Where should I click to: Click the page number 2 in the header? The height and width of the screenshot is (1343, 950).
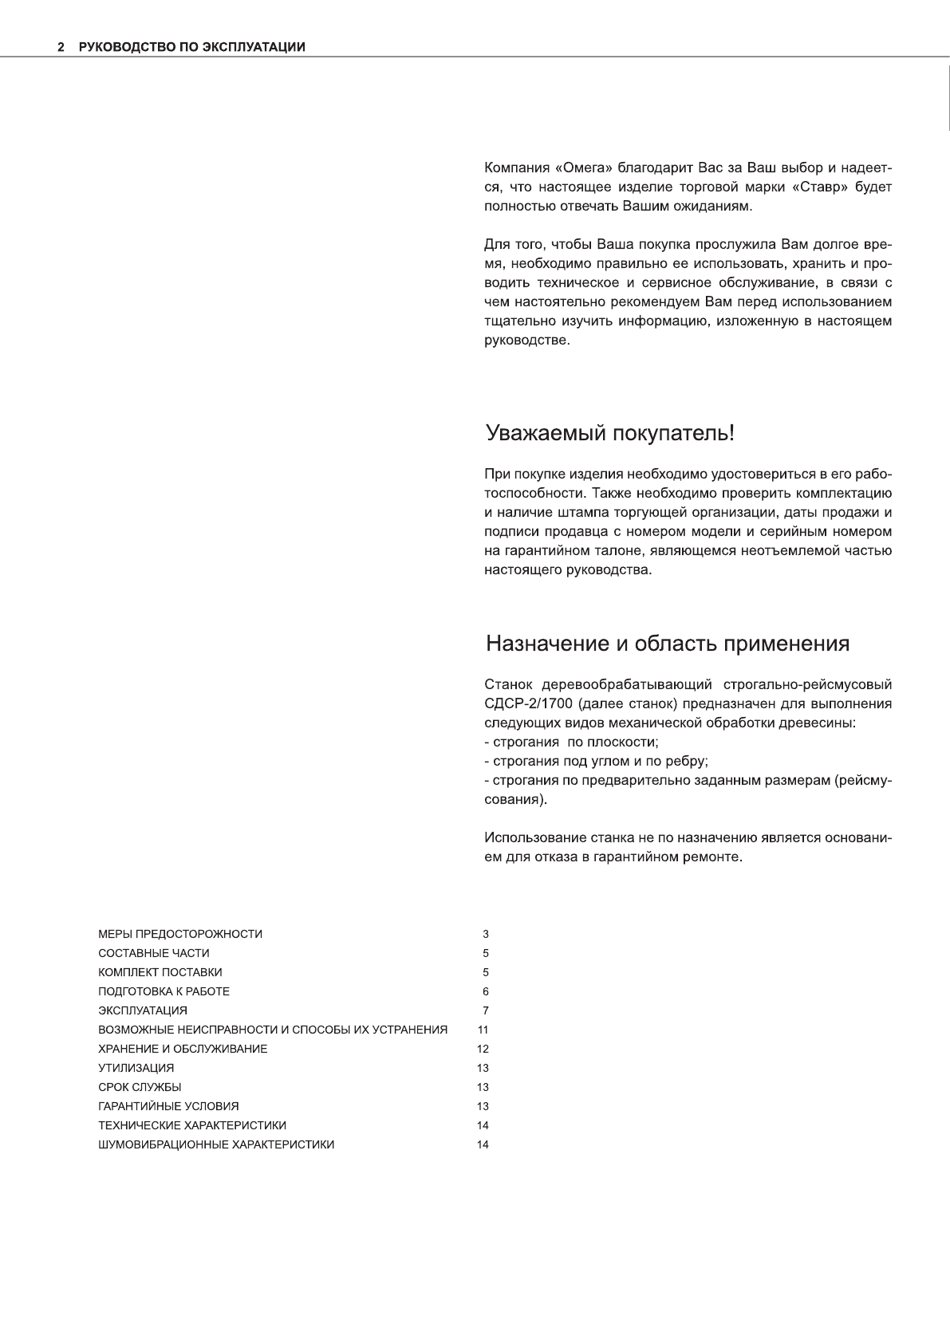point(61,47)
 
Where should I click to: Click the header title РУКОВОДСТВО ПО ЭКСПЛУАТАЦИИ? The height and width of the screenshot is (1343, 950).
point(191,47)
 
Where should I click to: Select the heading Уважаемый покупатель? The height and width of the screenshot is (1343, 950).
point(609,434)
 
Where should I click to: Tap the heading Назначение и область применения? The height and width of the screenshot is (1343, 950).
point(668,644)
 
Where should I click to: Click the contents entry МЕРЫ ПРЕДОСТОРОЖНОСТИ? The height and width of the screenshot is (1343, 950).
point(180,934)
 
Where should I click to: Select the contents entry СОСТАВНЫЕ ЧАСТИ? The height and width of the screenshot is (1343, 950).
point(154,953)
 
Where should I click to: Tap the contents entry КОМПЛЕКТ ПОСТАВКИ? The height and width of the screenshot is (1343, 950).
point(160,972)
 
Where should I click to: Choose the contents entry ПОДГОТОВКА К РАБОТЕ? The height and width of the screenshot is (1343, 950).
point(164,991)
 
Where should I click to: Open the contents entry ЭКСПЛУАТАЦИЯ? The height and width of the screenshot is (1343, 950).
point(143,1010)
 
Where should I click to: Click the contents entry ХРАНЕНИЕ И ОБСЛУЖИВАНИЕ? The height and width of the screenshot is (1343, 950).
point(183,1049)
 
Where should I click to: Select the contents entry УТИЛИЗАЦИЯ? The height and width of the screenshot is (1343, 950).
point(136,1068)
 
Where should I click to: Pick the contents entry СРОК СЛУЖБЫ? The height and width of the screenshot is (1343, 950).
point(140,1087)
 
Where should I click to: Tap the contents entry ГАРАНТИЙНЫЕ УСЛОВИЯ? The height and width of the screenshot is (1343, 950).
point(168,1106)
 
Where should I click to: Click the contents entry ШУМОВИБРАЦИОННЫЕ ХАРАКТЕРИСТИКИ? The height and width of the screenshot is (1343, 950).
point(216,1144)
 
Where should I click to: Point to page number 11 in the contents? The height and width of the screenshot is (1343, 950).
point(483,1030)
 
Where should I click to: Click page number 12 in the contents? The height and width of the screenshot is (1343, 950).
point(483,1049)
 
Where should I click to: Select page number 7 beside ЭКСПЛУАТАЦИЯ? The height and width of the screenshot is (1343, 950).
point(485,1010)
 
